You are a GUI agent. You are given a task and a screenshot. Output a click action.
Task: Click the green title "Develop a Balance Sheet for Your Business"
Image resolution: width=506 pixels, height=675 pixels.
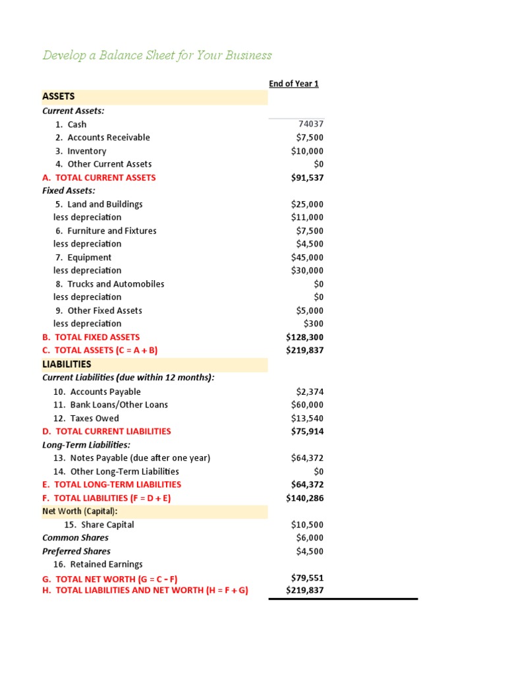click(x=157, y=55)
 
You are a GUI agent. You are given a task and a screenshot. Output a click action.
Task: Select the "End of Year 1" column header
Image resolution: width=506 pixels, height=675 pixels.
click(x=294, y=84)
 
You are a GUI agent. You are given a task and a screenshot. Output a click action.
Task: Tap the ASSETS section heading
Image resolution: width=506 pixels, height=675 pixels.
click(x=59, y=96)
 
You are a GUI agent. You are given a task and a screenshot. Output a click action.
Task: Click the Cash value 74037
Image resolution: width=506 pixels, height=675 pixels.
click(x=311, y=124)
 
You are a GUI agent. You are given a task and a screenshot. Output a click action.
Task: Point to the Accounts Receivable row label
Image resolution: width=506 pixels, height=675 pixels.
click(x=108, y=137)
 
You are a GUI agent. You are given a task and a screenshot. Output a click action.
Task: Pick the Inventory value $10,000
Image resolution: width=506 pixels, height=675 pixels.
click(x=307, y=151)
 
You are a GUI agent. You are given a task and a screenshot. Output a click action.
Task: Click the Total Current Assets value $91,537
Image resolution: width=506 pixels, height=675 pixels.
click(x=307, y=177)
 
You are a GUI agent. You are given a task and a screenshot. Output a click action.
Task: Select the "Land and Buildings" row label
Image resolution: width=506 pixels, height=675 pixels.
click(x=105, y=204)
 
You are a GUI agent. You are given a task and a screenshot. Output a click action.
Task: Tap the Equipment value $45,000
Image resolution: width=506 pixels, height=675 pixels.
click(x=307, y=257)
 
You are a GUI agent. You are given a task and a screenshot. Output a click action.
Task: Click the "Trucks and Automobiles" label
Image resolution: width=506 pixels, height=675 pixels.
click(x=115, y=284)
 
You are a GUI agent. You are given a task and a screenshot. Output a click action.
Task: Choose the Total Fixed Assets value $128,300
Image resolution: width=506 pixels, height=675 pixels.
click(x=305, y=337)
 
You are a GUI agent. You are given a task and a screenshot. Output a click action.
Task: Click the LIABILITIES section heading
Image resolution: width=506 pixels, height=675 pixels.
click(x=67, y=364)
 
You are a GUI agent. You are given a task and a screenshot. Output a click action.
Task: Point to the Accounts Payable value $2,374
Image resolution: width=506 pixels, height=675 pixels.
click(x=310, y=392)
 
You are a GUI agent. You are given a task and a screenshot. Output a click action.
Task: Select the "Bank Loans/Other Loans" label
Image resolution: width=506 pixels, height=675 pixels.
click(x=119, y=405)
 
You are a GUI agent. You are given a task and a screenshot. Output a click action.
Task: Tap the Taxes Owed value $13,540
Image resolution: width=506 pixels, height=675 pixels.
click(x=307, y=418)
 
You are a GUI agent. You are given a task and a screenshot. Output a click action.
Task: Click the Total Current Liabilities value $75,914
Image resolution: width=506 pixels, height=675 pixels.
click(x=307, y=431)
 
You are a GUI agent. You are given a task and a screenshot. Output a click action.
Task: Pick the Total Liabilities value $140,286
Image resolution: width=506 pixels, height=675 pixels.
click(x=305, y=498)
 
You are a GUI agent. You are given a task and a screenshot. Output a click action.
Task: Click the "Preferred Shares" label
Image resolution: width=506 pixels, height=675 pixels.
click(x=76, y=551)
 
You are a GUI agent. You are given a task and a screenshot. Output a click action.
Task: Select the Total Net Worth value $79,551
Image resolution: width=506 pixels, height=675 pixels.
click(x=307, y=578)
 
